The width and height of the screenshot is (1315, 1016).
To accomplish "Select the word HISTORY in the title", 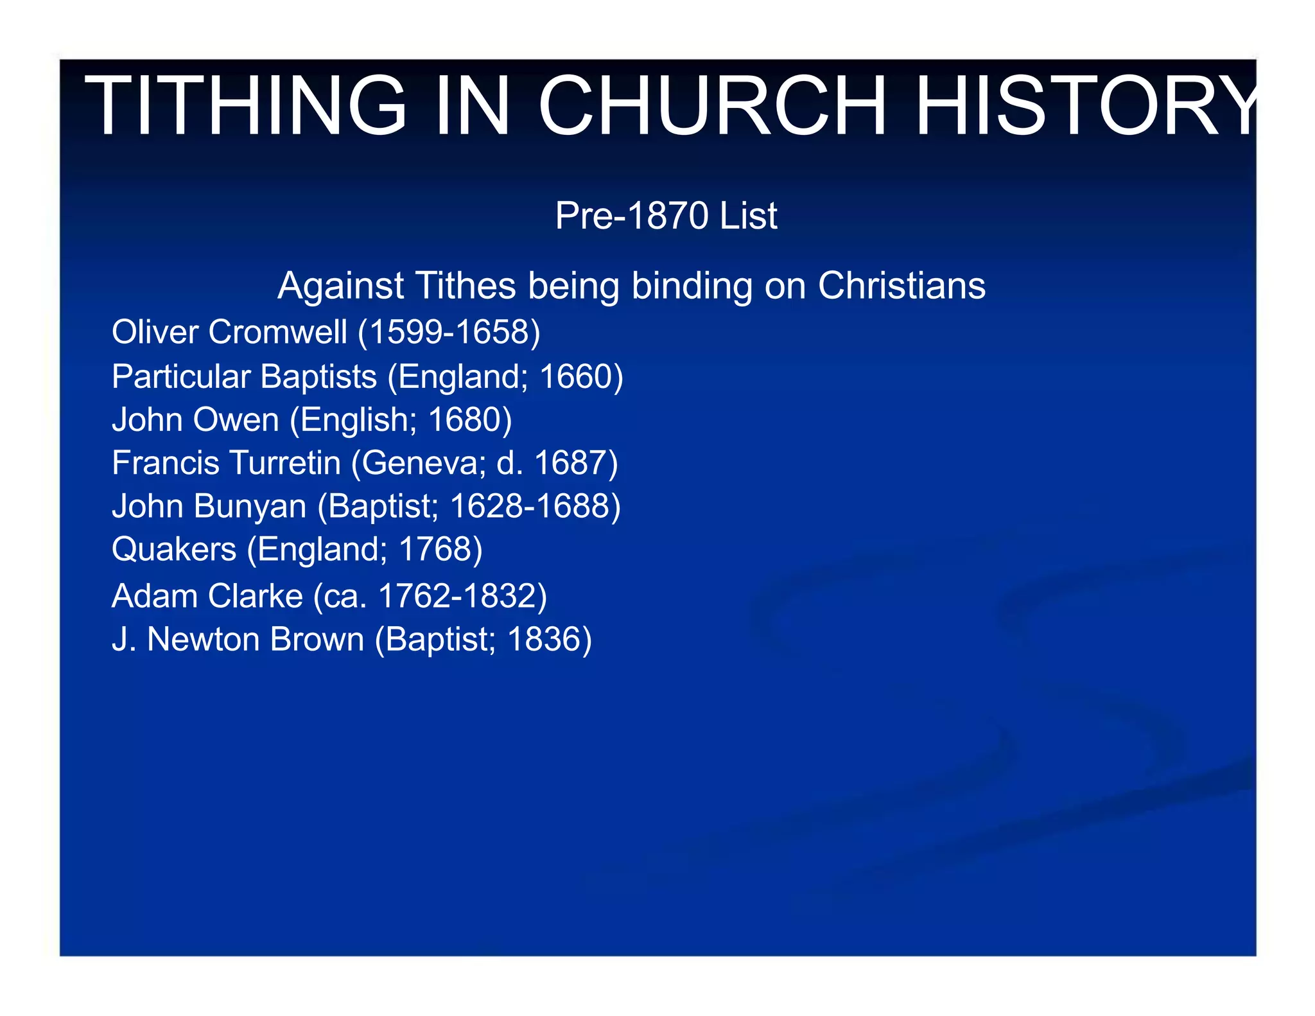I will click(x=1085, y=105).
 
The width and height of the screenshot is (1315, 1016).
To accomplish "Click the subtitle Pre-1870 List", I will click(x=666, y=215).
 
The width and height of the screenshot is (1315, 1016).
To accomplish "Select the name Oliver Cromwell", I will click(x=229, y=332).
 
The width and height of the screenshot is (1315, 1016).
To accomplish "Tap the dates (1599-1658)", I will click(x=449, y=332).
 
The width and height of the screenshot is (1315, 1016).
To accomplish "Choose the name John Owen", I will click(x=195, y=419).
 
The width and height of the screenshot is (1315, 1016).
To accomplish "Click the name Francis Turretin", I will click(x=226, y=462).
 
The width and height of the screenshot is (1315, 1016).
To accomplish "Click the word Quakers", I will click(x=174, y=549).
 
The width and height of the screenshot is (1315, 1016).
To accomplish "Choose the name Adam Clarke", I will click(x=207, y=595).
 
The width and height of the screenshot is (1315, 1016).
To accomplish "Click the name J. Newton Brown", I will click(x=238, y=639).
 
